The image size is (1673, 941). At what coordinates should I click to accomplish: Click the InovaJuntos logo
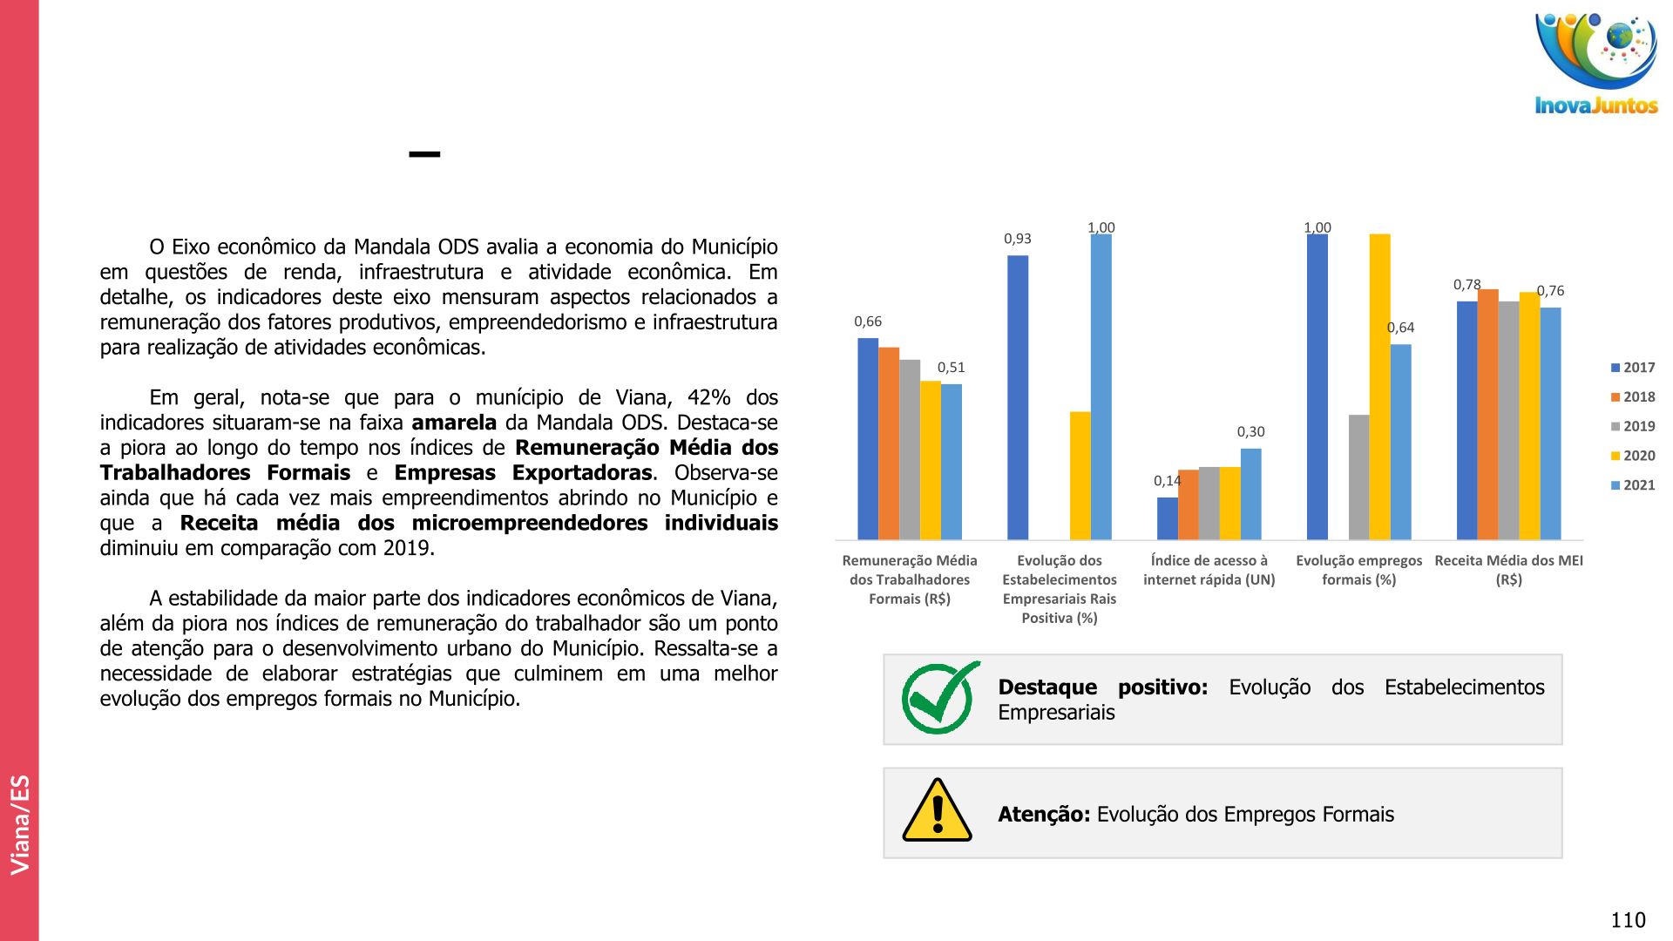click(1595, 64)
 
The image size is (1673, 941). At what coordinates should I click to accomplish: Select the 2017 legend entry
click(1632, 368)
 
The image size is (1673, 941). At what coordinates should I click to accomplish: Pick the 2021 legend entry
click(1632, 485)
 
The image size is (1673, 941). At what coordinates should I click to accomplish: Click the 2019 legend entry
click(1632, 426)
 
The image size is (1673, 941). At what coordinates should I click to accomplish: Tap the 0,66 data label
click(867, 322)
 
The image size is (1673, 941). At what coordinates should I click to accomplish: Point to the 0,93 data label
click(1017, 239)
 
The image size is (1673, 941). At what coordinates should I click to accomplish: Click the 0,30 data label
click(1250, 432)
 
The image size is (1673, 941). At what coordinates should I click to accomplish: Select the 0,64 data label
click(1400, 328)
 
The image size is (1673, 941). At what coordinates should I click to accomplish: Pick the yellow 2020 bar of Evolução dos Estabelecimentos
click(1080, 475)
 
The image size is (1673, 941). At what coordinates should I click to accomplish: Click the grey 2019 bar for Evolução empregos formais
click(1358, 477)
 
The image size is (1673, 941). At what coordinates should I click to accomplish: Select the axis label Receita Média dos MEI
click(1508, 570)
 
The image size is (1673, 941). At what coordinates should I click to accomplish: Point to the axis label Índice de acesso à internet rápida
click(1209, 570)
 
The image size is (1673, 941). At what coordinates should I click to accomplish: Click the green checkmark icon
click(938, 699)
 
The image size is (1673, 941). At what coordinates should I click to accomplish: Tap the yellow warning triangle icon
click(937, 811)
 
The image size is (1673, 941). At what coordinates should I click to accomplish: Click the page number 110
click(1628, 920)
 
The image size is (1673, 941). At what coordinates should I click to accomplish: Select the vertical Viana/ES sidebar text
click(20, 823)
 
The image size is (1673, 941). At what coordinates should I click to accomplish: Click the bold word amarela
click(453, 423)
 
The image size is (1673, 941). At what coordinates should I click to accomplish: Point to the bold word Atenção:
click(1043, 815)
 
